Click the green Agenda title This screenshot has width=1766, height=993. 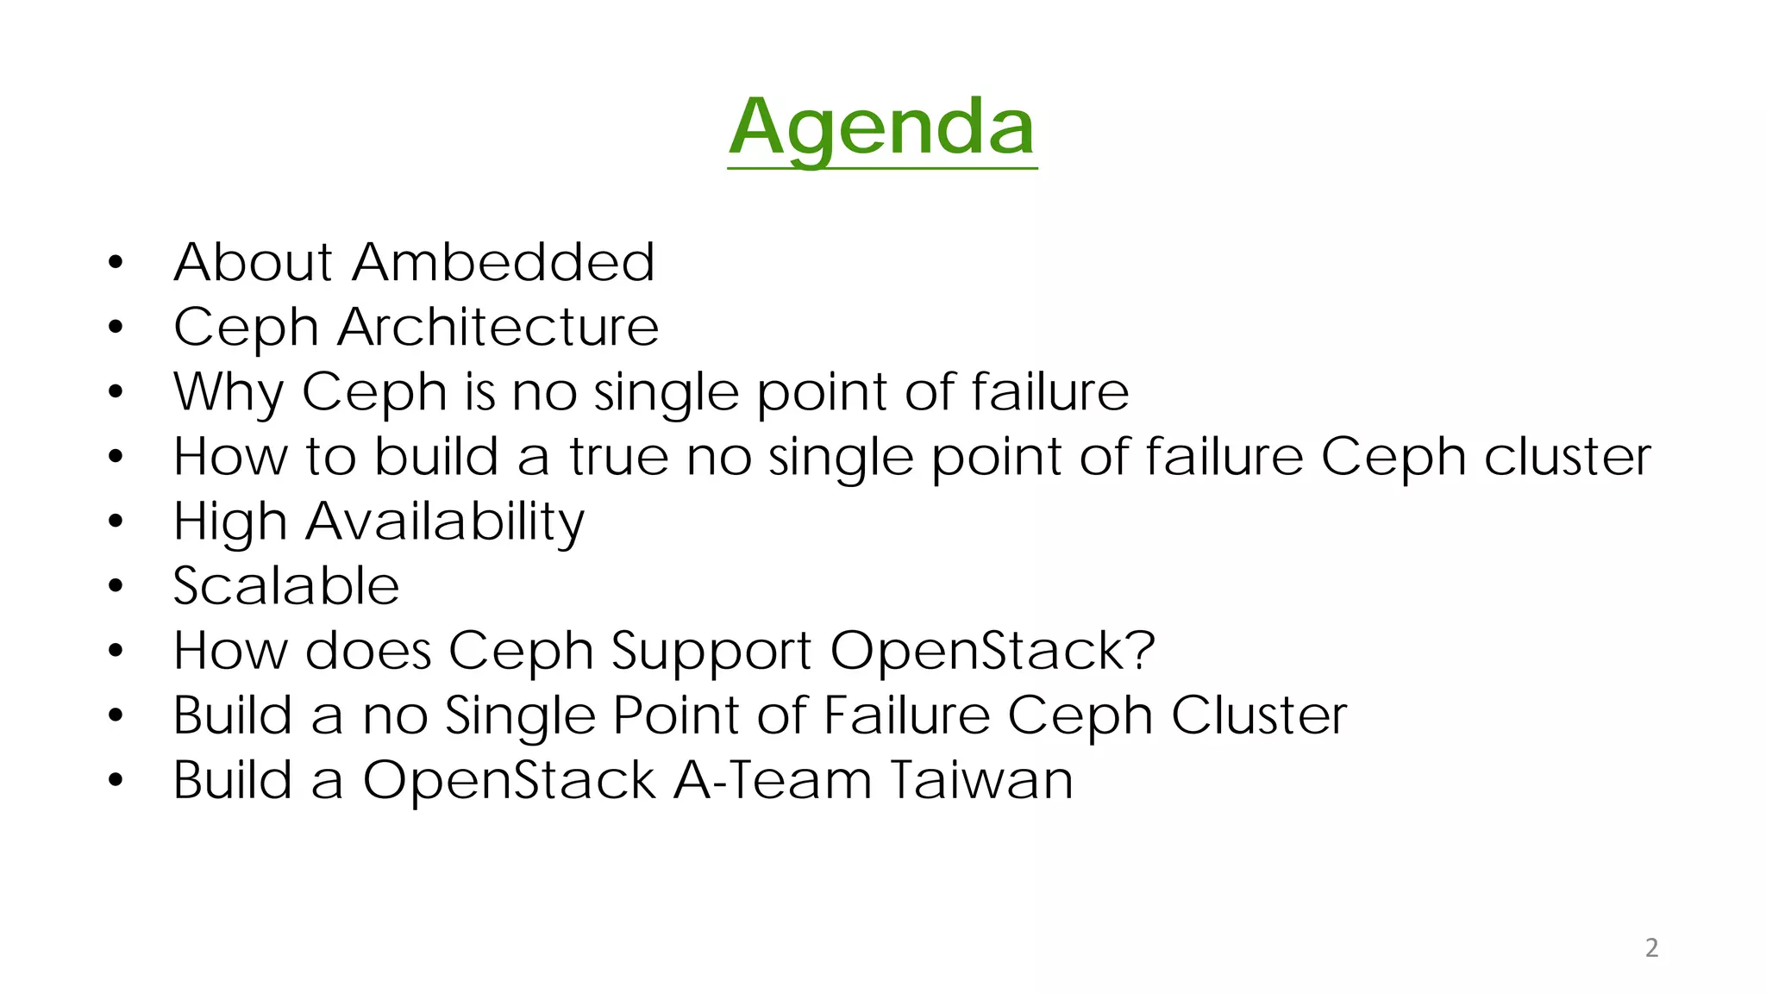point(881,128)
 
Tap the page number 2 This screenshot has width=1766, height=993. point(1651,947)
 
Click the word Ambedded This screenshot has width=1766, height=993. point(504,262)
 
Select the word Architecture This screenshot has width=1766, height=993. point(498,328)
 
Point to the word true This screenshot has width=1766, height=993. point(618,457)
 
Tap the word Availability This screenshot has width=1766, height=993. point(445,522)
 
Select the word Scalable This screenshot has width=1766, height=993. point(286,587)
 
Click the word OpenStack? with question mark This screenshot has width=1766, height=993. point(992,651)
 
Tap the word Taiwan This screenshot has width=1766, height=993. point(980,781)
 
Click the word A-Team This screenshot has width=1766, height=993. point(772,781)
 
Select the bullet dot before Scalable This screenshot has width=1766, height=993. point(116,587)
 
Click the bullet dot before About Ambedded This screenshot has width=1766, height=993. point(116,262)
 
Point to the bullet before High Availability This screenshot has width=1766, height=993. point(116,521)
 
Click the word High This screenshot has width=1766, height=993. point(230,522)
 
